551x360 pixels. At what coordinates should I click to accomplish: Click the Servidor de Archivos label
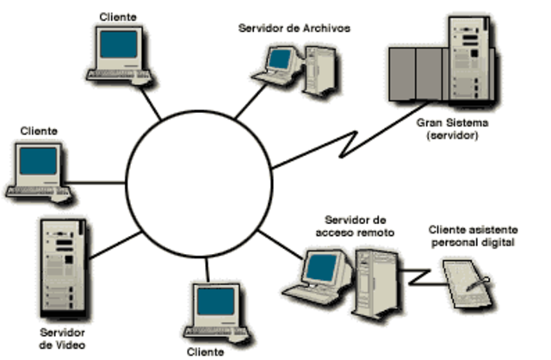(294, 28)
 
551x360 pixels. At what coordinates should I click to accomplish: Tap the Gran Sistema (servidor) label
(445, 129)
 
